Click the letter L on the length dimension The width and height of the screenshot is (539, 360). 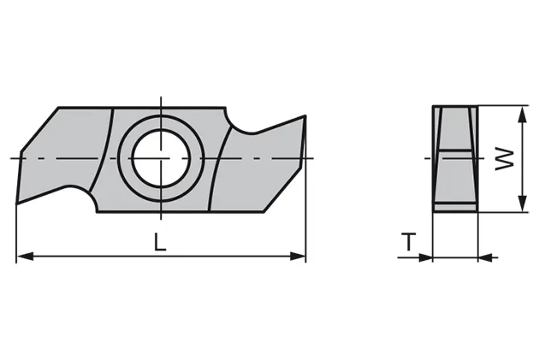tap(159, 242)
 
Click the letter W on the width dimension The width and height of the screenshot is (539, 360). tap(506, 158)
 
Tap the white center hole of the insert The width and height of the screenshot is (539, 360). tap(160, 158)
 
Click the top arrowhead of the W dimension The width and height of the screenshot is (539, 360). tap(520, 112)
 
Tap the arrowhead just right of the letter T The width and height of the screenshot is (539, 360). tap(426, 255)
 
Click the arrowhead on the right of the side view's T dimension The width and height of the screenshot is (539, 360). tap(484, 255)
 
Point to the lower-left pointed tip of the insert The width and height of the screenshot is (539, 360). tap(19, 202)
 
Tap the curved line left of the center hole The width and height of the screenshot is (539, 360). tap(108, 158)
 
